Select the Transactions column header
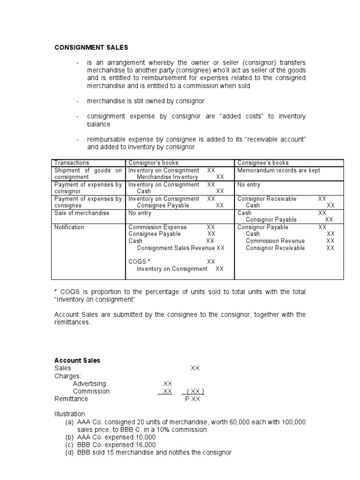pos(71,163)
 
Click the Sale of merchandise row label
pos(82,213)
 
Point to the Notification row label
pos(69,227)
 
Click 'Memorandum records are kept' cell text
pos(278,170)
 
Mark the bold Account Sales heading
pos(77,360)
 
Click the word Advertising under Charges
pos(90,383)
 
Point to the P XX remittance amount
pos(192,399)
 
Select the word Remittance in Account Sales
pos(71,399)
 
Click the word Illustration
pos(70,414)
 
